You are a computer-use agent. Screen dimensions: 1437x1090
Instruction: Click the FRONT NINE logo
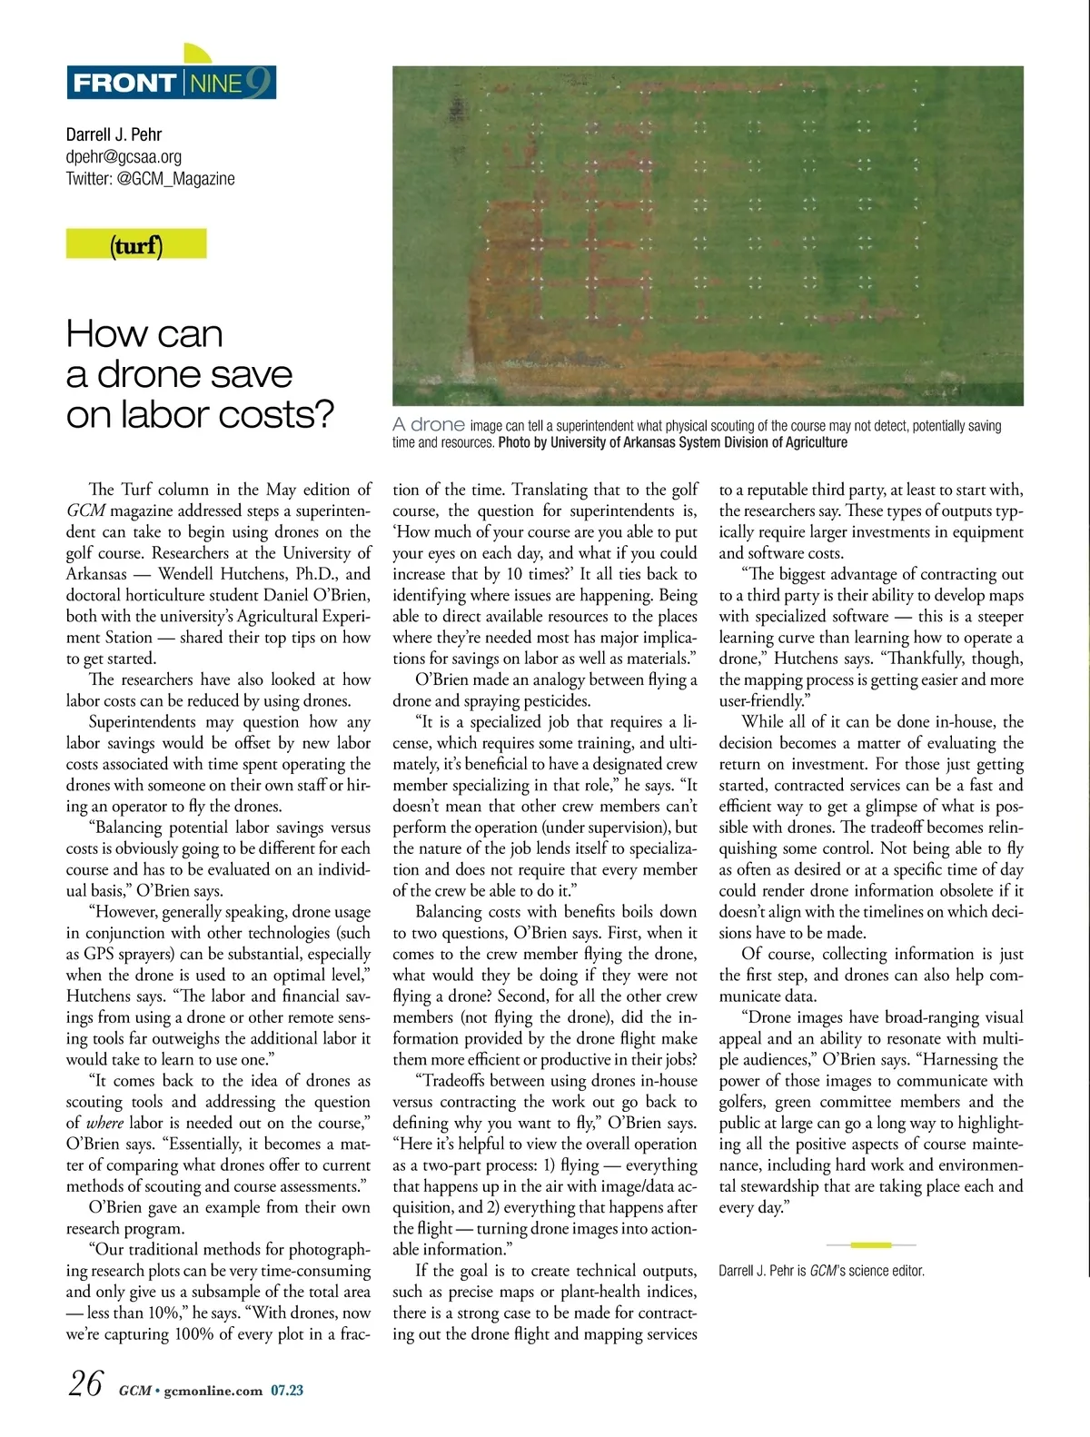coord(171,83)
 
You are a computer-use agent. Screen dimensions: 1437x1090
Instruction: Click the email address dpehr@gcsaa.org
coord(124,156)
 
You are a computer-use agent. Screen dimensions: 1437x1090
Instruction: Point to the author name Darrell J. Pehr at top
coord(114,134)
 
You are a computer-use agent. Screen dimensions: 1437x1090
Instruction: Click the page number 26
coord(85,1383)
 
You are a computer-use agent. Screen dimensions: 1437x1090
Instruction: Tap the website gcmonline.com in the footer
coord(213,1390)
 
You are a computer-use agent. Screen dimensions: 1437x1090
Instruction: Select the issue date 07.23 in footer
coord(287,1390)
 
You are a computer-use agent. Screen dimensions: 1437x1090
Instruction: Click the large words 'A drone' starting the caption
coord(429,424)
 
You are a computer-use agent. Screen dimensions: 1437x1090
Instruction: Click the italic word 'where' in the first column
coord(104,1123)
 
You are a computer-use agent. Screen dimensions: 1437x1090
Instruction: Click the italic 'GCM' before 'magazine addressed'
coord(85,510)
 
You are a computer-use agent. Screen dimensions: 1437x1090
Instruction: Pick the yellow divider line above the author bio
coord(871,1244)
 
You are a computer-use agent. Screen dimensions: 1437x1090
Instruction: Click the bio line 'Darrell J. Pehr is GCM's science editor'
coord(821,1271)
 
